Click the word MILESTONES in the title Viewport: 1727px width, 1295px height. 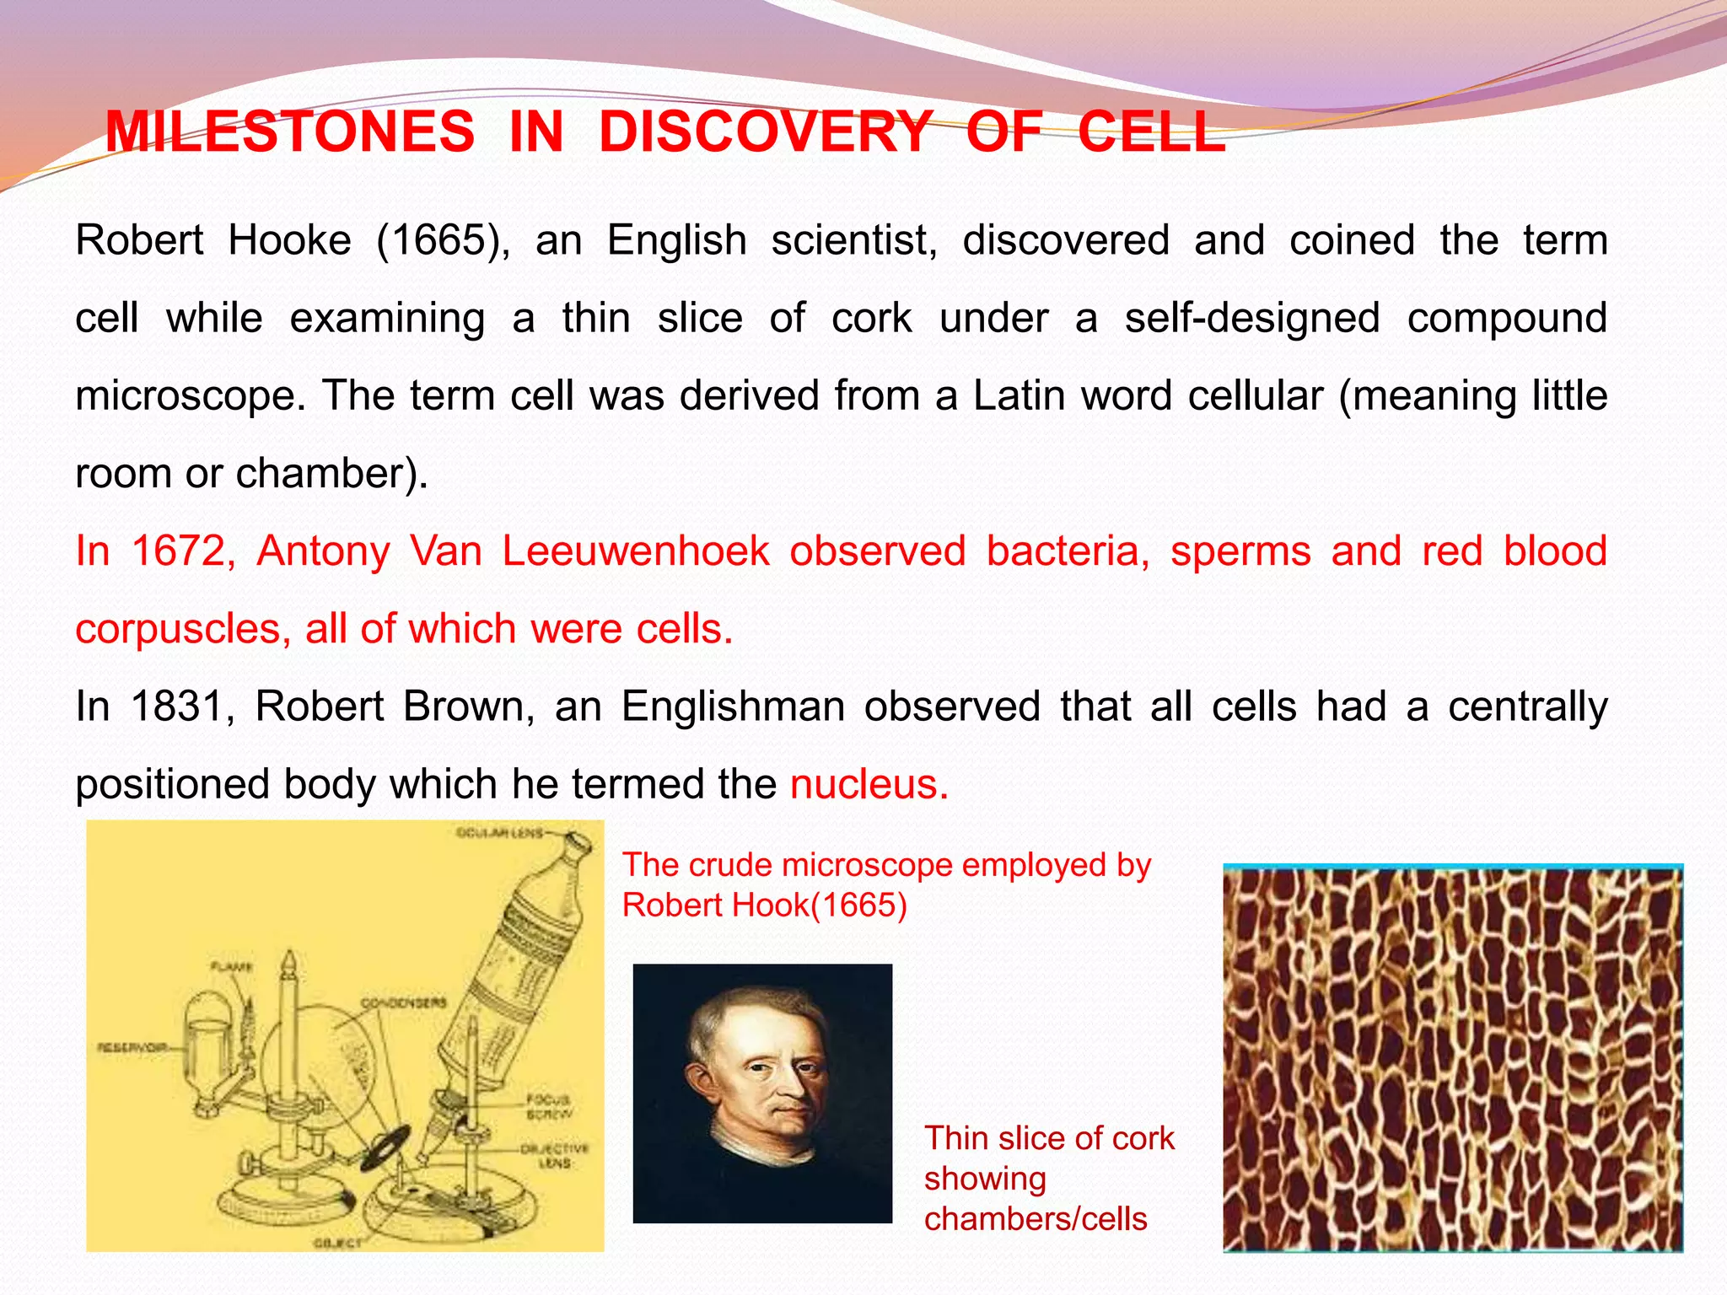click(289, 132)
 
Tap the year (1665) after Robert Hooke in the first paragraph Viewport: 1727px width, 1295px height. click(443, 240)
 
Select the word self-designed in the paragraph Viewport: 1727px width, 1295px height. click(1251, 319)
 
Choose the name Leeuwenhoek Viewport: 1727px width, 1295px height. click(635, 551)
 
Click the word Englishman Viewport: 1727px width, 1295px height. click(733, 707)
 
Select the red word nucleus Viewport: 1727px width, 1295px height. click(869, 784)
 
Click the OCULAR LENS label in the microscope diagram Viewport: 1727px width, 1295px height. click(499, 834)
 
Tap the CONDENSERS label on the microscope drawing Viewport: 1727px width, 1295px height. click(403, 1002)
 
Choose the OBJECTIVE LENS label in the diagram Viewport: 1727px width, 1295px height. click(555, 1156)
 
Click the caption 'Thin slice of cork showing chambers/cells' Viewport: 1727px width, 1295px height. click(1048, 1178)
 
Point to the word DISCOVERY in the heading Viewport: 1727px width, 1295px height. click(765, 132)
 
